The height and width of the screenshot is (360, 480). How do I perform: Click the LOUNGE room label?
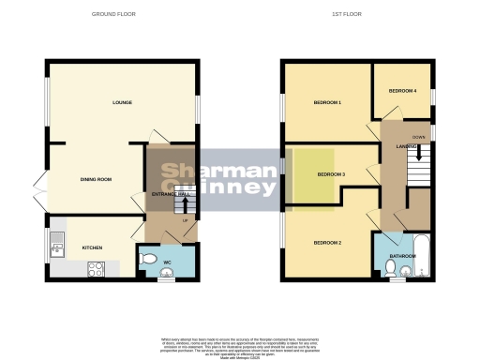coord(122,102)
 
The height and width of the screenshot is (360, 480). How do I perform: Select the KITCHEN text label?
coord(91,247)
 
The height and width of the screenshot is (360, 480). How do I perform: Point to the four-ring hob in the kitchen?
coord(96,269)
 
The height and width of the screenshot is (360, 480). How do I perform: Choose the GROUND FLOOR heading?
coord(123,15)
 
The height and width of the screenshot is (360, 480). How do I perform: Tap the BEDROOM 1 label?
coord(327,101)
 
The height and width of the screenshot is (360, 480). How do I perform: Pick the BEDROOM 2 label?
coord(325,243)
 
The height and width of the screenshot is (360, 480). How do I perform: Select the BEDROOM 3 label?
coord(331,174)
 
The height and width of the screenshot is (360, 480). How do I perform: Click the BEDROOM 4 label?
coord(402,91)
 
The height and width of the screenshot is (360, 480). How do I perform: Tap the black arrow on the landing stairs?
coord(418,151)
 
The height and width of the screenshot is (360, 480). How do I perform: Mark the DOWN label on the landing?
coord(418,137)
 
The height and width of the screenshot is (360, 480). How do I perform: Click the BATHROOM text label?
coord(403,255)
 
